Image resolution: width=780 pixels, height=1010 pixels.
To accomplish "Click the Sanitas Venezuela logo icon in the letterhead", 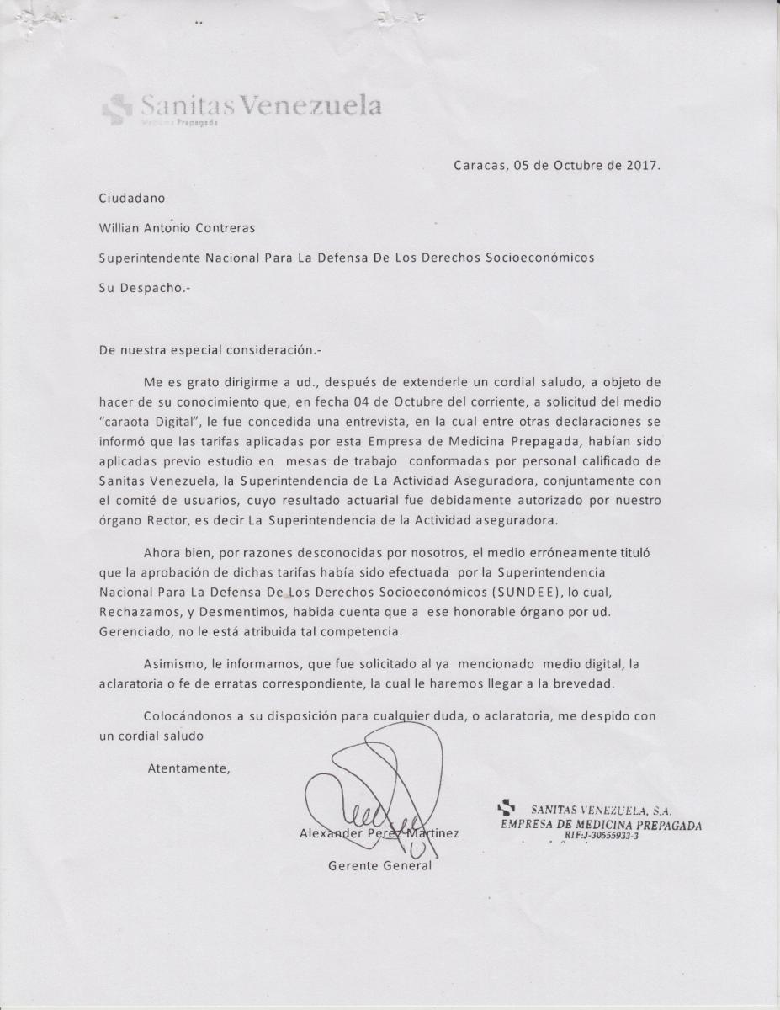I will [117, 108].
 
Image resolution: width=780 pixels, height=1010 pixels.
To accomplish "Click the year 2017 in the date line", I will [642, 166].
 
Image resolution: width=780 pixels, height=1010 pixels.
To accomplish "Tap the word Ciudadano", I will [132, 198].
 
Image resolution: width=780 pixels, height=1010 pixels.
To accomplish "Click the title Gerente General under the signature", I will [379, 865].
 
